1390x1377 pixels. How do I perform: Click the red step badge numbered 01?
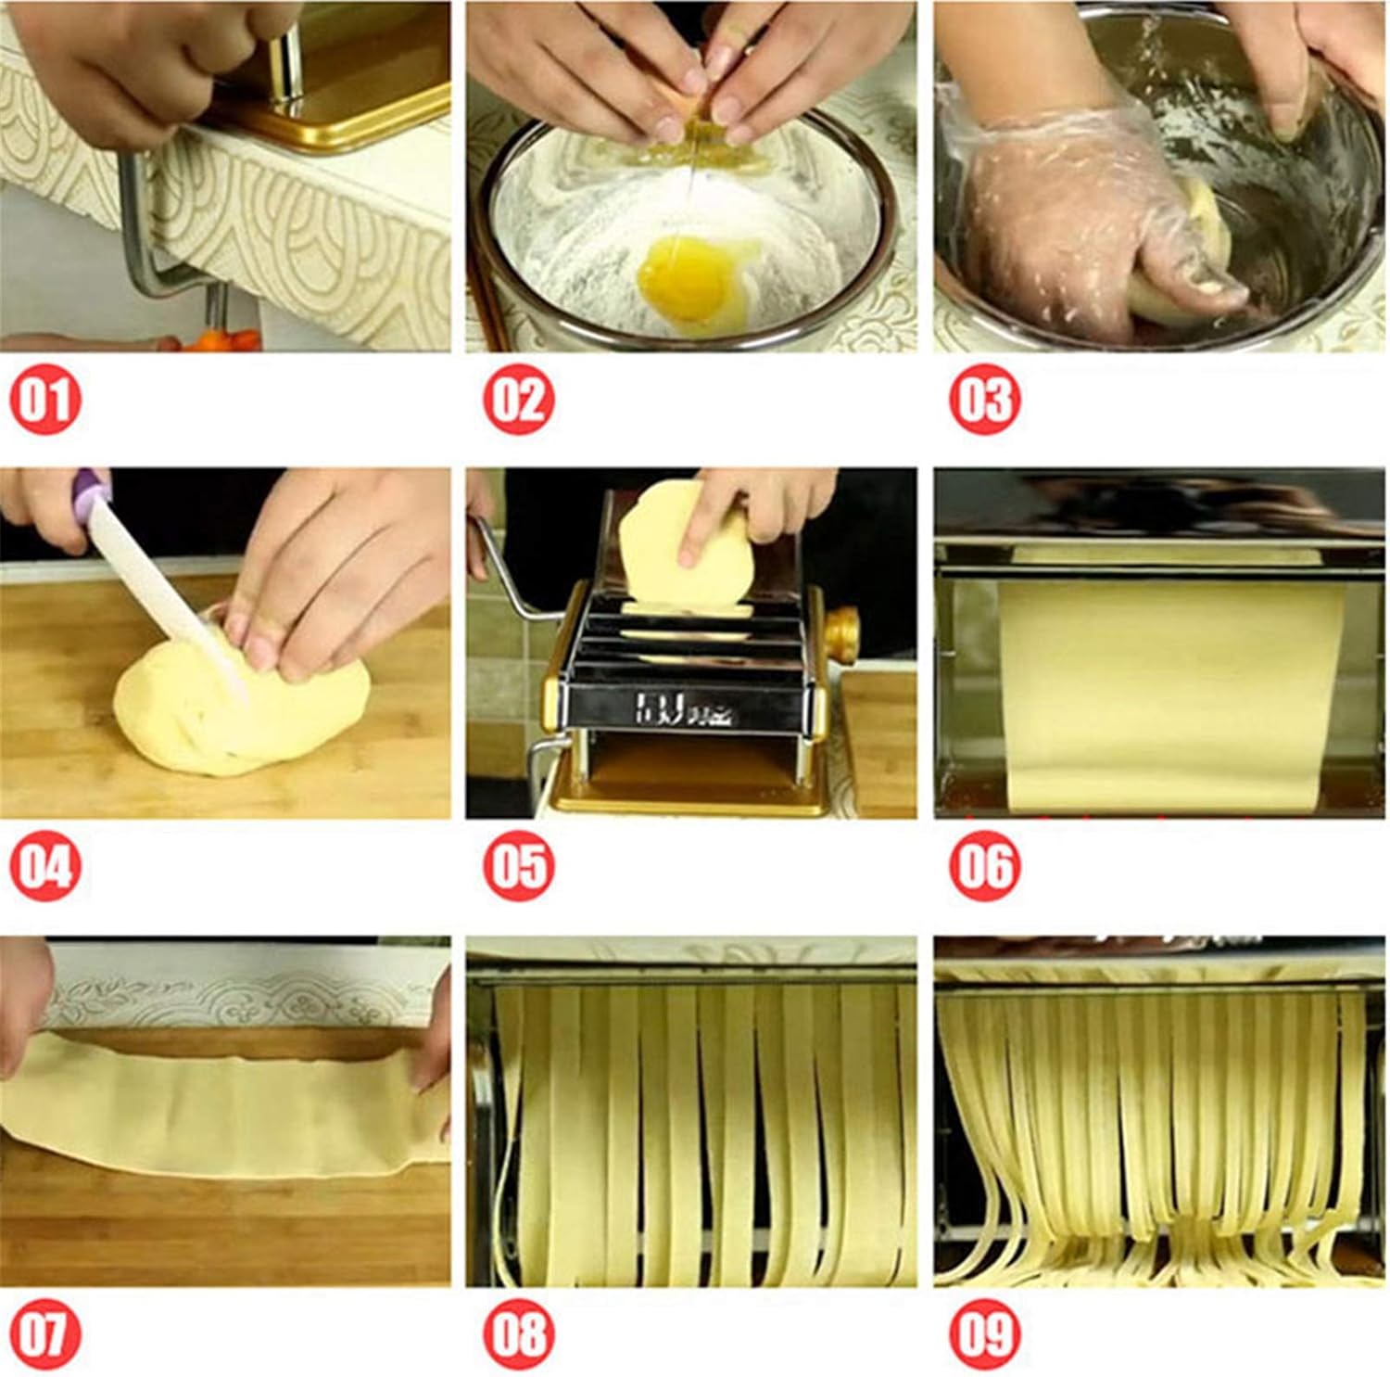click(x=45, y=400)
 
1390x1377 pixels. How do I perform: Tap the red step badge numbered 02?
click(x=518, y=400)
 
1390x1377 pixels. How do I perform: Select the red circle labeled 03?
click(x=984, y=400)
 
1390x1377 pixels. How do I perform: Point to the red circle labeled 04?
click(x=45, y=867)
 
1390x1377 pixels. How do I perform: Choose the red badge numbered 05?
click(x=518, y=867)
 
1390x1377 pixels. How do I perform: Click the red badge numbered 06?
click(x=984, y=867)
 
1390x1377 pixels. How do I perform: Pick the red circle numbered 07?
click(x=45, y=1334)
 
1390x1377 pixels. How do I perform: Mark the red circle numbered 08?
click(x=518, y=1334)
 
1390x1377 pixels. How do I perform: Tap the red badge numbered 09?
click(x=984, y=1334)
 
